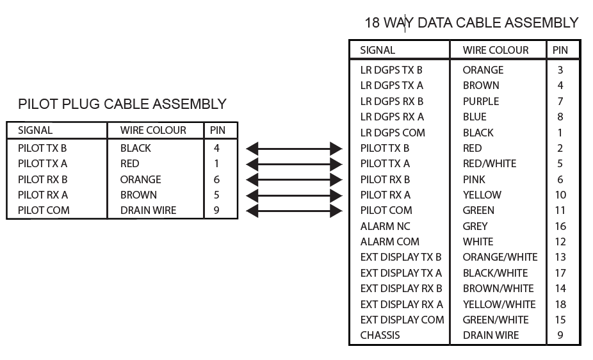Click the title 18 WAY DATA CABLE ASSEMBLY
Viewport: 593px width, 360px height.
point(471,23)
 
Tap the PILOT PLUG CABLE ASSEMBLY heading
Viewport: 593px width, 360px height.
point(122,104)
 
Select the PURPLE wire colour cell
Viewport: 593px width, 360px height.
point(480,101)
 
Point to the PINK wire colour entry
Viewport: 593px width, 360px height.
point(474,179)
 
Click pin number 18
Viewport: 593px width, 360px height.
point(560,304)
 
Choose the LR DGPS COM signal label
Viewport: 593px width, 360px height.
point(392,133)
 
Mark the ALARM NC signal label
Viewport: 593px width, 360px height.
point(385,226)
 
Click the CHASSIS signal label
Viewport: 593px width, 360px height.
point(380,335)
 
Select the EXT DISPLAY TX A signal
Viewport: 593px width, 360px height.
point(401,273)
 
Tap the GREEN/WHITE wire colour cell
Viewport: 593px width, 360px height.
point(496,320)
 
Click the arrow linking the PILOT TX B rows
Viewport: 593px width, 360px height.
point(294,149)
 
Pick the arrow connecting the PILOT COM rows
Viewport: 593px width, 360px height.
point(294,211)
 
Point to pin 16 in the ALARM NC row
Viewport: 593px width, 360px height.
point(560,226)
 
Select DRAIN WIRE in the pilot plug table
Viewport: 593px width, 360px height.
point(148,210)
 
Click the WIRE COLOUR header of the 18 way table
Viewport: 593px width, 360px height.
point(496,50)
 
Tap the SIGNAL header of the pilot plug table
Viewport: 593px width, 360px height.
point(35,130)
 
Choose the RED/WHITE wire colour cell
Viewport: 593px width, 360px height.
point(489,163)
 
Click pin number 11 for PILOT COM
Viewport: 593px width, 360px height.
point(560,210)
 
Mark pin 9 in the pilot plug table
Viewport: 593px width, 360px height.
point(216,210)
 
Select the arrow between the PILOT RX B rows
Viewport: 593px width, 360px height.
point(294,179)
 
